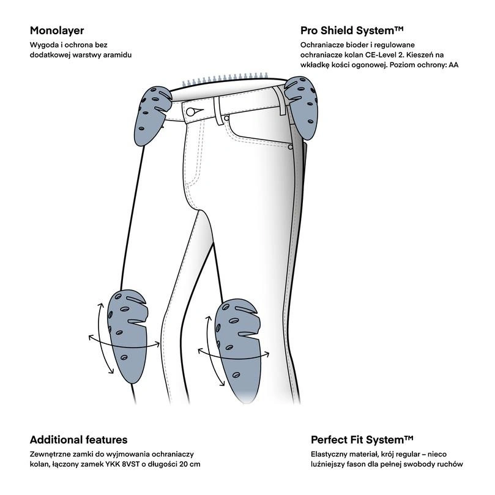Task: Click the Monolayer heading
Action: point(56,30)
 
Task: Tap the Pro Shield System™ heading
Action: point(352,30)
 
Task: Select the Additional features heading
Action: point(78,439)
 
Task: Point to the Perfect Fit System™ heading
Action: point(362,439)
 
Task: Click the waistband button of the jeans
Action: point(193,111)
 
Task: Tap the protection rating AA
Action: point(453,65)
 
